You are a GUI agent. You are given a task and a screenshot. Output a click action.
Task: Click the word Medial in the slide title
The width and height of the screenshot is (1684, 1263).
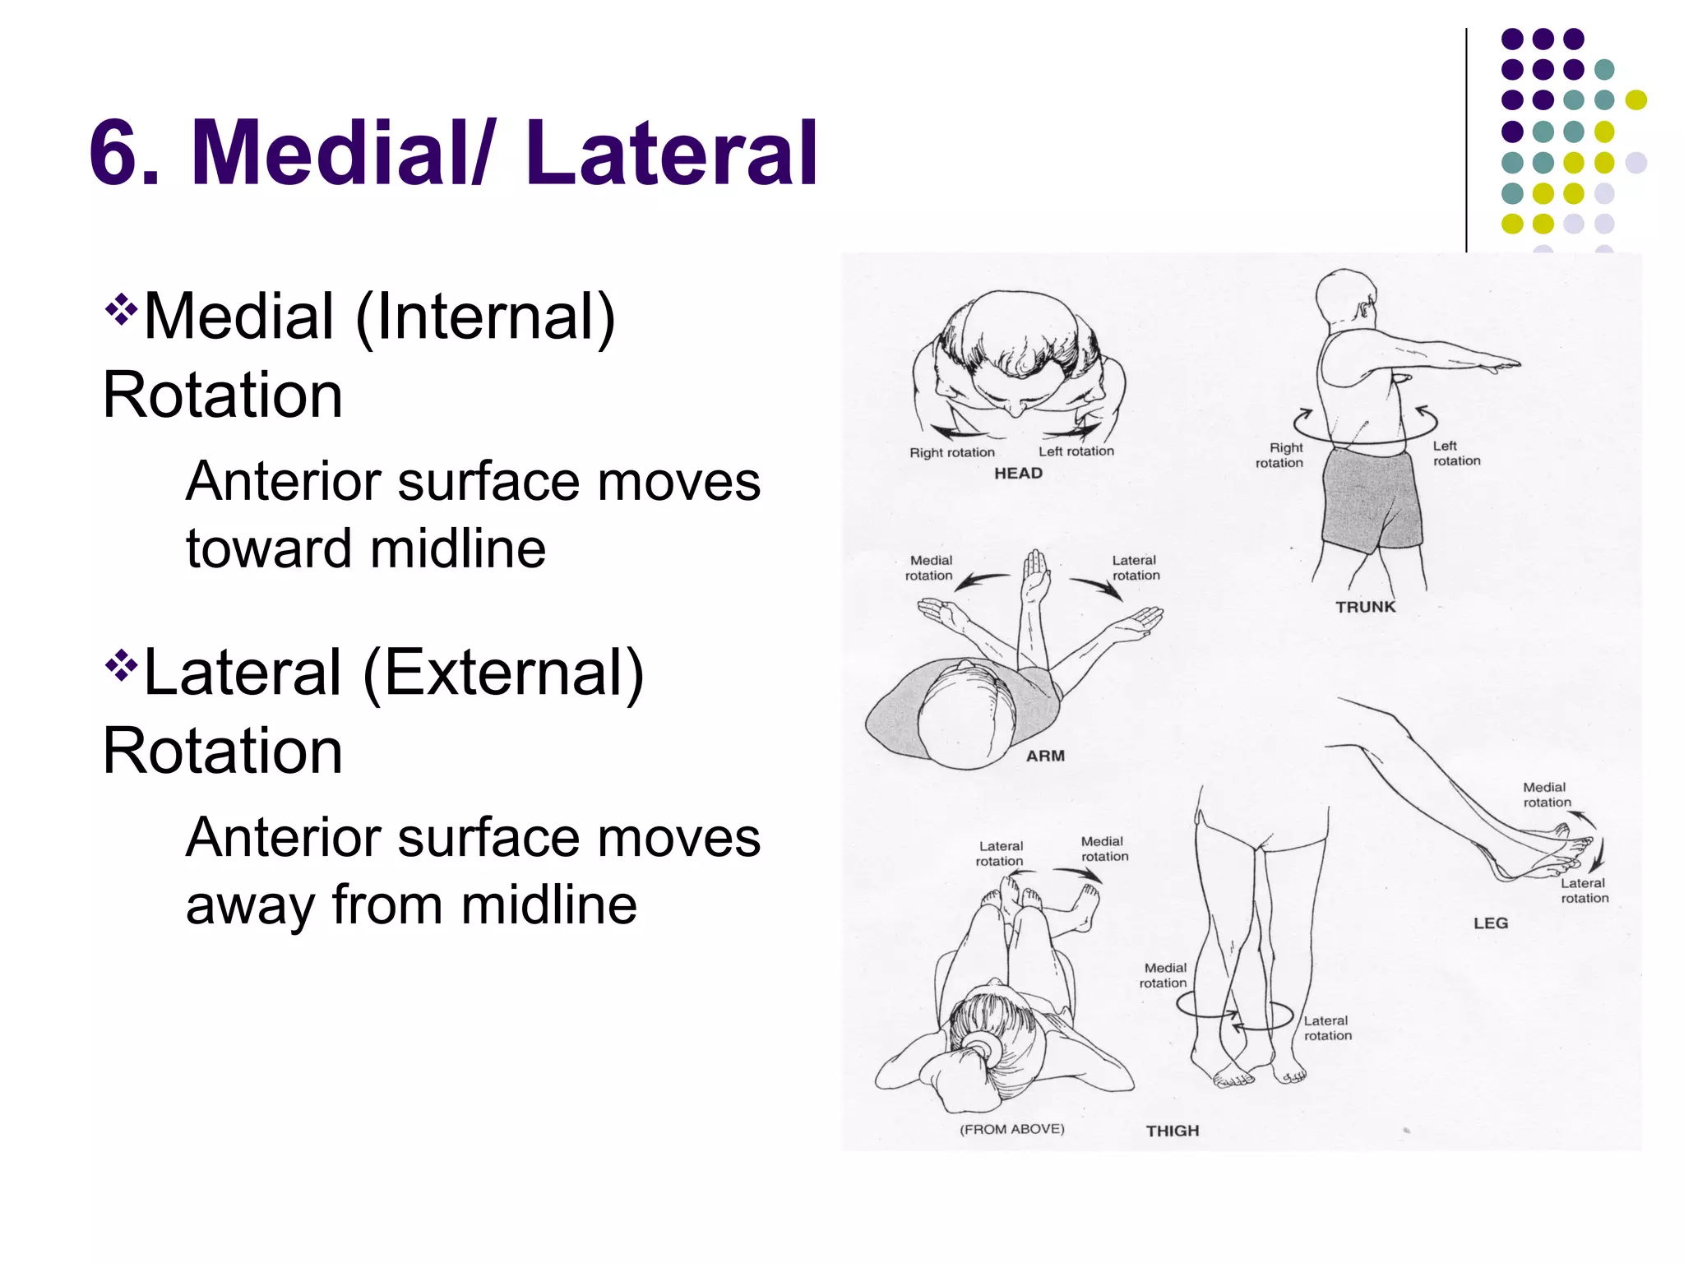pyautogui.click(x=335, y=154)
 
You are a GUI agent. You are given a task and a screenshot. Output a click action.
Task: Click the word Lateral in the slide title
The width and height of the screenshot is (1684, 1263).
pyautogui.click(x=672, y=154)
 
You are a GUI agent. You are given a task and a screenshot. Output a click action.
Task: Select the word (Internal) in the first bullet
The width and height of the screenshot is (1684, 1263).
pyautogui.click(x=485, y=317)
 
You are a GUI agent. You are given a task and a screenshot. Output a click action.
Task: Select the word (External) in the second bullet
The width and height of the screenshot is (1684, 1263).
pyautogui.click(x=503, y=674)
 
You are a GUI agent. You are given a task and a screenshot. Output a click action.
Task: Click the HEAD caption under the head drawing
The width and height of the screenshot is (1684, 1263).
pyautogui.click(x=1018, y=474)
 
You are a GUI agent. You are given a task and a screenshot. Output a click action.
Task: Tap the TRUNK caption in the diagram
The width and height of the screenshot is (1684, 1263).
pyautogui.click(x=1365, y=607)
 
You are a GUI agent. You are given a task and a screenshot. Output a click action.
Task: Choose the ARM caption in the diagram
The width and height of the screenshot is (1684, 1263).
pyautogui.click(x=1045, y=756)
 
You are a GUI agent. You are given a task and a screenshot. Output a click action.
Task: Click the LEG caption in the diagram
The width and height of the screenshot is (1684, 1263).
pyautogui.click(x=1491, y=923)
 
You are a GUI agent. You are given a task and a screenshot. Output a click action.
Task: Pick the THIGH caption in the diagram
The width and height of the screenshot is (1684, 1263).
pyautogui.click(x=1173, y=1131)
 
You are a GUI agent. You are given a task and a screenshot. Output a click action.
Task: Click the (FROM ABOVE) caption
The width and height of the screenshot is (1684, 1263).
pyautogui.click(x=1011, y=1129)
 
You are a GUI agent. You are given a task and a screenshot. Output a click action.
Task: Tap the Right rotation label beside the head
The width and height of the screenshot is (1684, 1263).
pyautogui.click(x=951, y=452)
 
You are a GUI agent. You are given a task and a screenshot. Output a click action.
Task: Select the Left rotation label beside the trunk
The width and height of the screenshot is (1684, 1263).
pyautogui.click(x=1456, y=453)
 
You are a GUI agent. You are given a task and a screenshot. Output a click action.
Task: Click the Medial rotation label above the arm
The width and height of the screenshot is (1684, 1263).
pyautogui.click(x=929, y=568)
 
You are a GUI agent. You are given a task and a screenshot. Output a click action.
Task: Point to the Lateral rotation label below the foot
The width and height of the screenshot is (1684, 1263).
pyautogui.click(x=1584, y=891)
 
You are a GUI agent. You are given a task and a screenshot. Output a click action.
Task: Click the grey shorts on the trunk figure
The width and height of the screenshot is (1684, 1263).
pyautogui.click(x=1372, y=499)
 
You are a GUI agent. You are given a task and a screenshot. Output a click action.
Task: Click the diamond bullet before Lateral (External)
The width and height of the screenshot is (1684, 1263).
pyautogui.click(x=121, y=664)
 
